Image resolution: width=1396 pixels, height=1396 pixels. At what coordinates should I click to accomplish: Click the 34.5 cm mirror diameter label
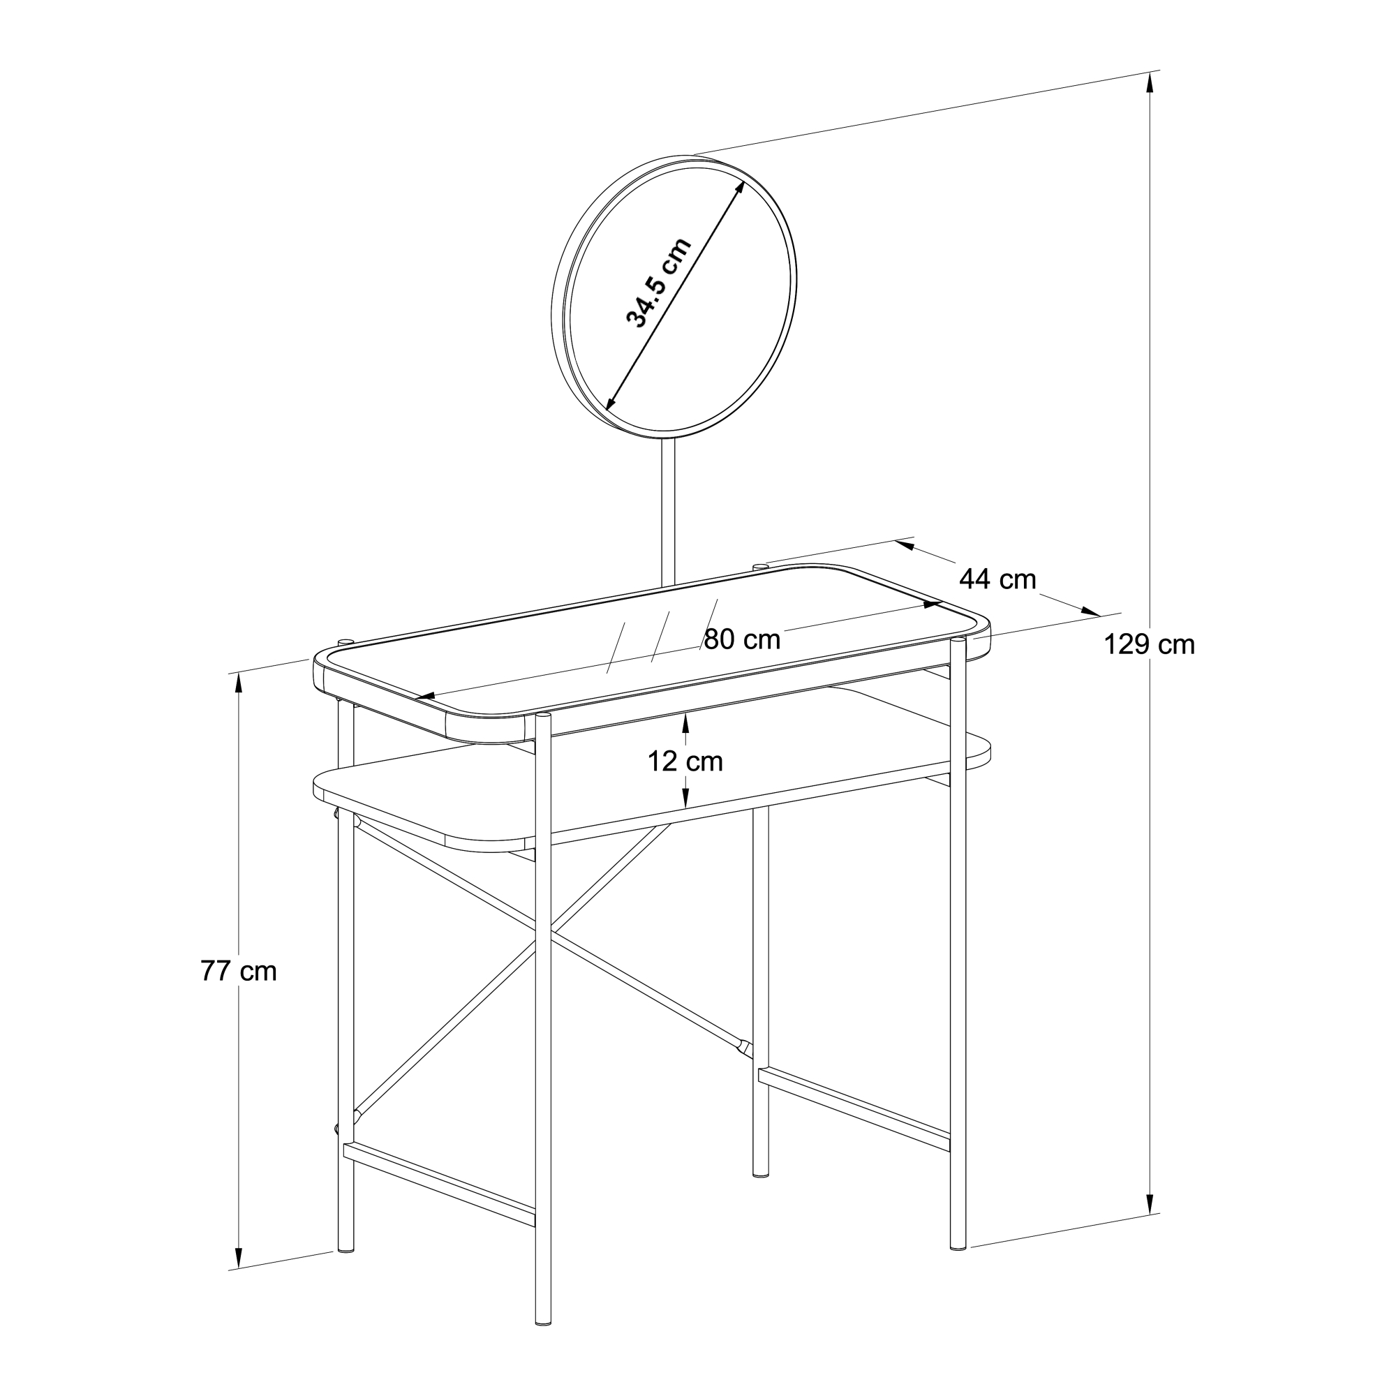click(658, 283)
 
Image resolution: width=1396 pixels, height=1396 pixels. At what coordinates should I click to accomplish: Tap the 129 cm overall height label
click(1149, 644)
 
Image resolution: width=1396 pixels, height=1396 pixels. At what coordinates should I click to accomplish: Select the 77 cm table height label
click(239, 971)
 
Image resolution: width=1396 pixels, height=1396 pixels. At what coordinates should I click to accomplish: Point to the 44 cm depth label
click(998, 579)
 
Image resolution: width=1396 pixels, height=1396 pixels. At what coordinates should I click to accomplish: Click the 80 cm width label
click(742, 639)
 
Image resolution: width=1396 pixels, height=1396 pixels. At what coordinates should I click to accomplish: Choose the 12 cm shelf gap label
click(685, 761)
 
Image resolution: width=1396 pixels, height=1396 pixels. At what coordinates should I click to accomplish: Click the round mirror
click(674, 296)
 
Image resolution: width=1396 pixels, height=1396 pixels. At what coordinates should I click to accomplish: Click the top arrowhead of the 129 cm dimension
click(1150, 84)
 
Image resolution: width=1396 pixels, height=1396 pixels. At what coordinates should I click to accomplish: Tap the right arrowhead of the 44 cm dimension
click(1090, 611)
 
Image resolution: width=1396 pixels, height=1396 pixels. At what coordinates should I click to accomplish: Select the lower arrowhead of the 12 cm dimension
click(685, 797)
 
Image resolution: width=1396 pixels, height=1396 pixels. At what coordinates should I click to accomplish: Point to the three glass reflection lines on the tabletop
click(662, 637)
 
